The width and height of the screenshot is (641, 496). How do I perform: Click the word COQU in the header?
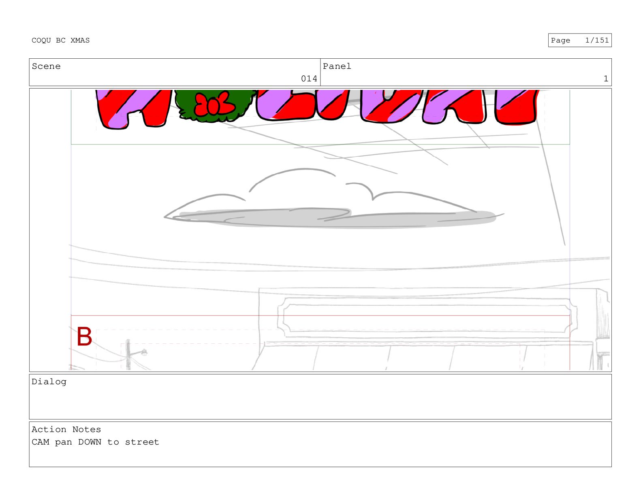pos(41,40)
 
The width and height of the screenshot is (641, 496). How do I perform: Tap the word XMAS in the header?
pos(80,40)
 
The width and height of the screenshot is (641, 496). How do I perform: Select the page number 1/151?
pos(597,40)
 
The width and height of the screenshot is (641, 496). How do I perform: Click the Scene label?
pos(46,66)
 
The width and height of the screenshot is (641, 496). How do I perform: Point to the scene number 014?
pos(309,79)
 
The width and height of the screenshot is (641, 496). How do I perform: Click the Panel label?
pos(337,66)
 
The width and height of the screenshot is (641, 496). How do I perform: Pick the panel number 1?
pos(606,79)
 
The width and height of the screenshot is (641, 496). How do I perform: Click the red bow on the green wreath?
pos(214,104)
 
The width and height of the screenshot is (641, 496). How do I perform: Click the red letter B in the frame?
pos(84,336)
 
